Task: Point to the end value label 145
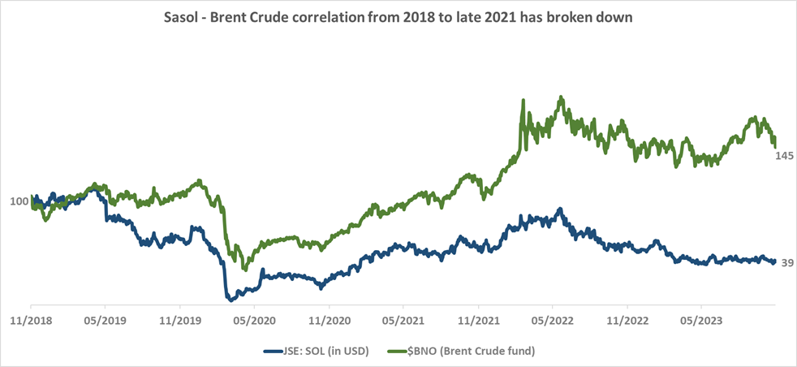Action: (784, 155)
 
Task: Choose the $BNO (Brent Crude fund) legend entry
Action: (471, 351)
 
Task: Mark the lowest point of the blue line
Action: (230, 299)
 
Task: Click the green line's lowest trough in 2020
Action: (244, 270)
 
